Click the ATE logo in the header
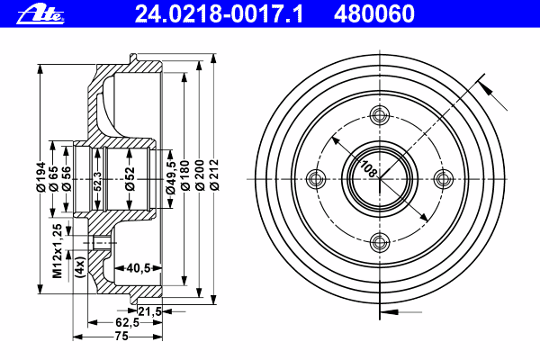point(40,14)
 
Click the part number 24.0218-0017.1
point(219,14)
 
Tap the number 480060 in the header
point(374,14)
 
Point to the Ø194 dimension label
point(41,176)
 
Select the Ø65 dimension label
point(53,178)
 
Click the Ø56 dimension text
point(66,178)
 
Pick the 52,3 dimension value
point(98,182)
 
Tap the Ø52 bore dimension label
point(130,179)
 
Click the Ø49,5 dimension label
point(170,178)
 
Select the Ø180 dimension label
point(184,175)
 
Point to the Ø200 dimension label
point(200,175)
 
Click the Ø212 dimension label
point(214,175)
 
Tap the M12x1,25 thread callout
point(58,251)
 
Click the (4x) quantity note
point(80,267)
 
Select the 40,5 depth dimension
point(139,267)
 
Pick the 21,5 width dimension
point(149,311)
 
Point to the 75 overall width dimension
point(121,336)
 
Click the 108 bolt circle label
point(368,169)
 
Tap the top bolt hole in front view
point(380,115)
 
